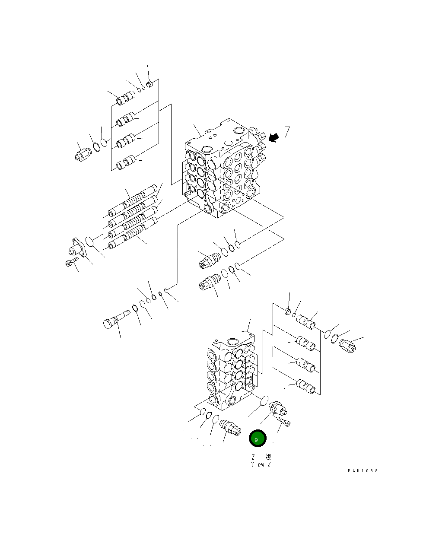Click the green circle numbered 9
[257, 439]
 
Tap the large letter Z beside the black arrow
[287, 133]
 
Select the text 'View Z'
[261, 464]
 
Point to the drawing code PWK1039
[363, 471]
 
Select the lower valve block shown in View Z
[231, 372]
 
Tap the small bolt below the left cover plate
[72, 262]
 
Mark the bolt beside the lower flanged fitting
[284, 421]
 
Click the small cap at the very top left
[149, 84]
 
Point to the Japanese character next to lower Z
[268, 457]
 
